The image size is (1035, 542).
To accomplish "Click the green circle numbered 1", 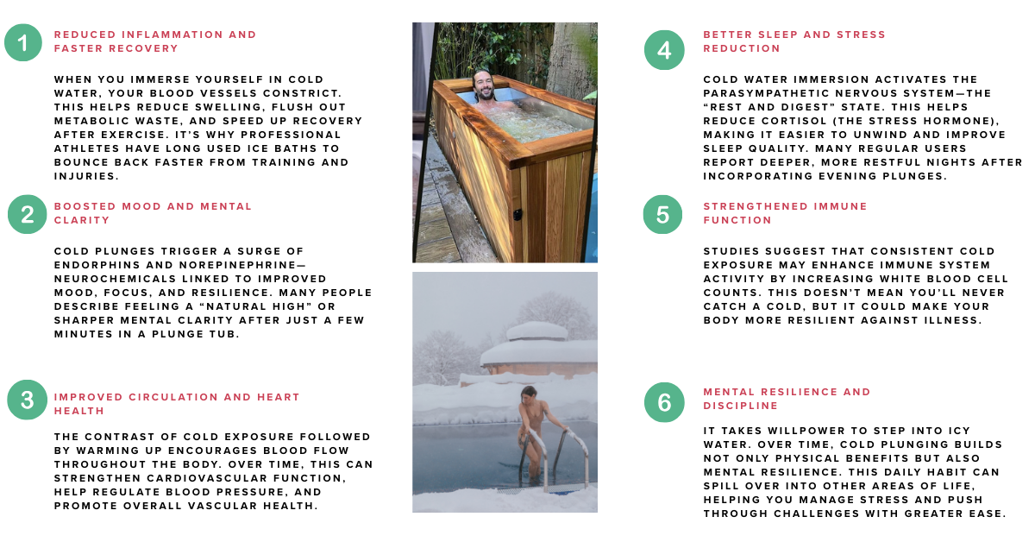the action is [23, 42].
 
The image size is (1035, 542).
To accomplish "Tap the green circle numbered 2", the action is [28, 214].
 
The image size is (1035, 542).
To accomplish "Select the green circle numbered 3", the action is [28, 400].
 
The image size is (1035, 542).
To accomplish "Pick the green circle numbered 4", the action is [664, 50].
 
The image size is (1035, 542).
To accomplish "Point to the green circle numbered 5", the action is [662, 214].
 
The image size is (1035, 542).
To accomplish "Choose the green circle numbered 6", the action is [664, 402].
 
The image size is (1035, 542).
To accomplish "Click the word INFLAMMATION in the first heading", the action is [172, 35].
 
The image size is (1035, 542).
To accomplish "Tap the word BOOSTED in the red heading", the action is [85, 206].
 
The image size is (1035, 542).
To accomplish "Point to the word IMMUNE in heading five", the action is [840, 206].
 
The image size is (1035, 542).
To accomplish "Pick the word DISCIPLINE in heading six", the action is [741, 406].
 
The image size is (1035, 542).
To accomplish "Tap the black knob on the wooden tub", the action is [518, 215].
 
